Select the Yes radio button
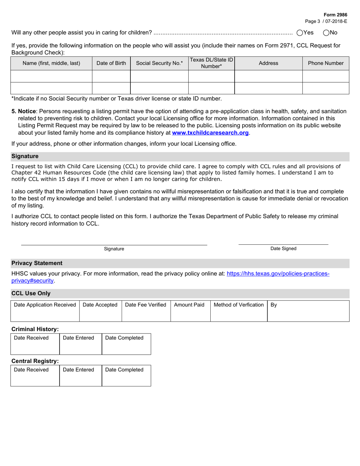(x=300, y=33)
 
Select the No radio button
(x=326, y=33)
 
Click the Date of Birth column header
(x=111, y=63)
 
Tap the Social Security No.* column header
(x=159, y=63)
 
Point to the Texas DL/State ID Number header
(x=211, y=63)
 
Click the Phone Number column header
(x=326, y=63)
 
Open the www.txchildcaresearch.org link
(x=211, y=133)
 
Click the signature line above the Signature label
(x=114, y=244)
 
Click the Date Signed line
(x=283, y=244)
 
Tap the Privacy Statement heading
(x=37, y=263)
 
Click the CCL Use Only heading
(x=31, y=293)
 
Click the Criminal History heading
(x=35, y=329)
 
